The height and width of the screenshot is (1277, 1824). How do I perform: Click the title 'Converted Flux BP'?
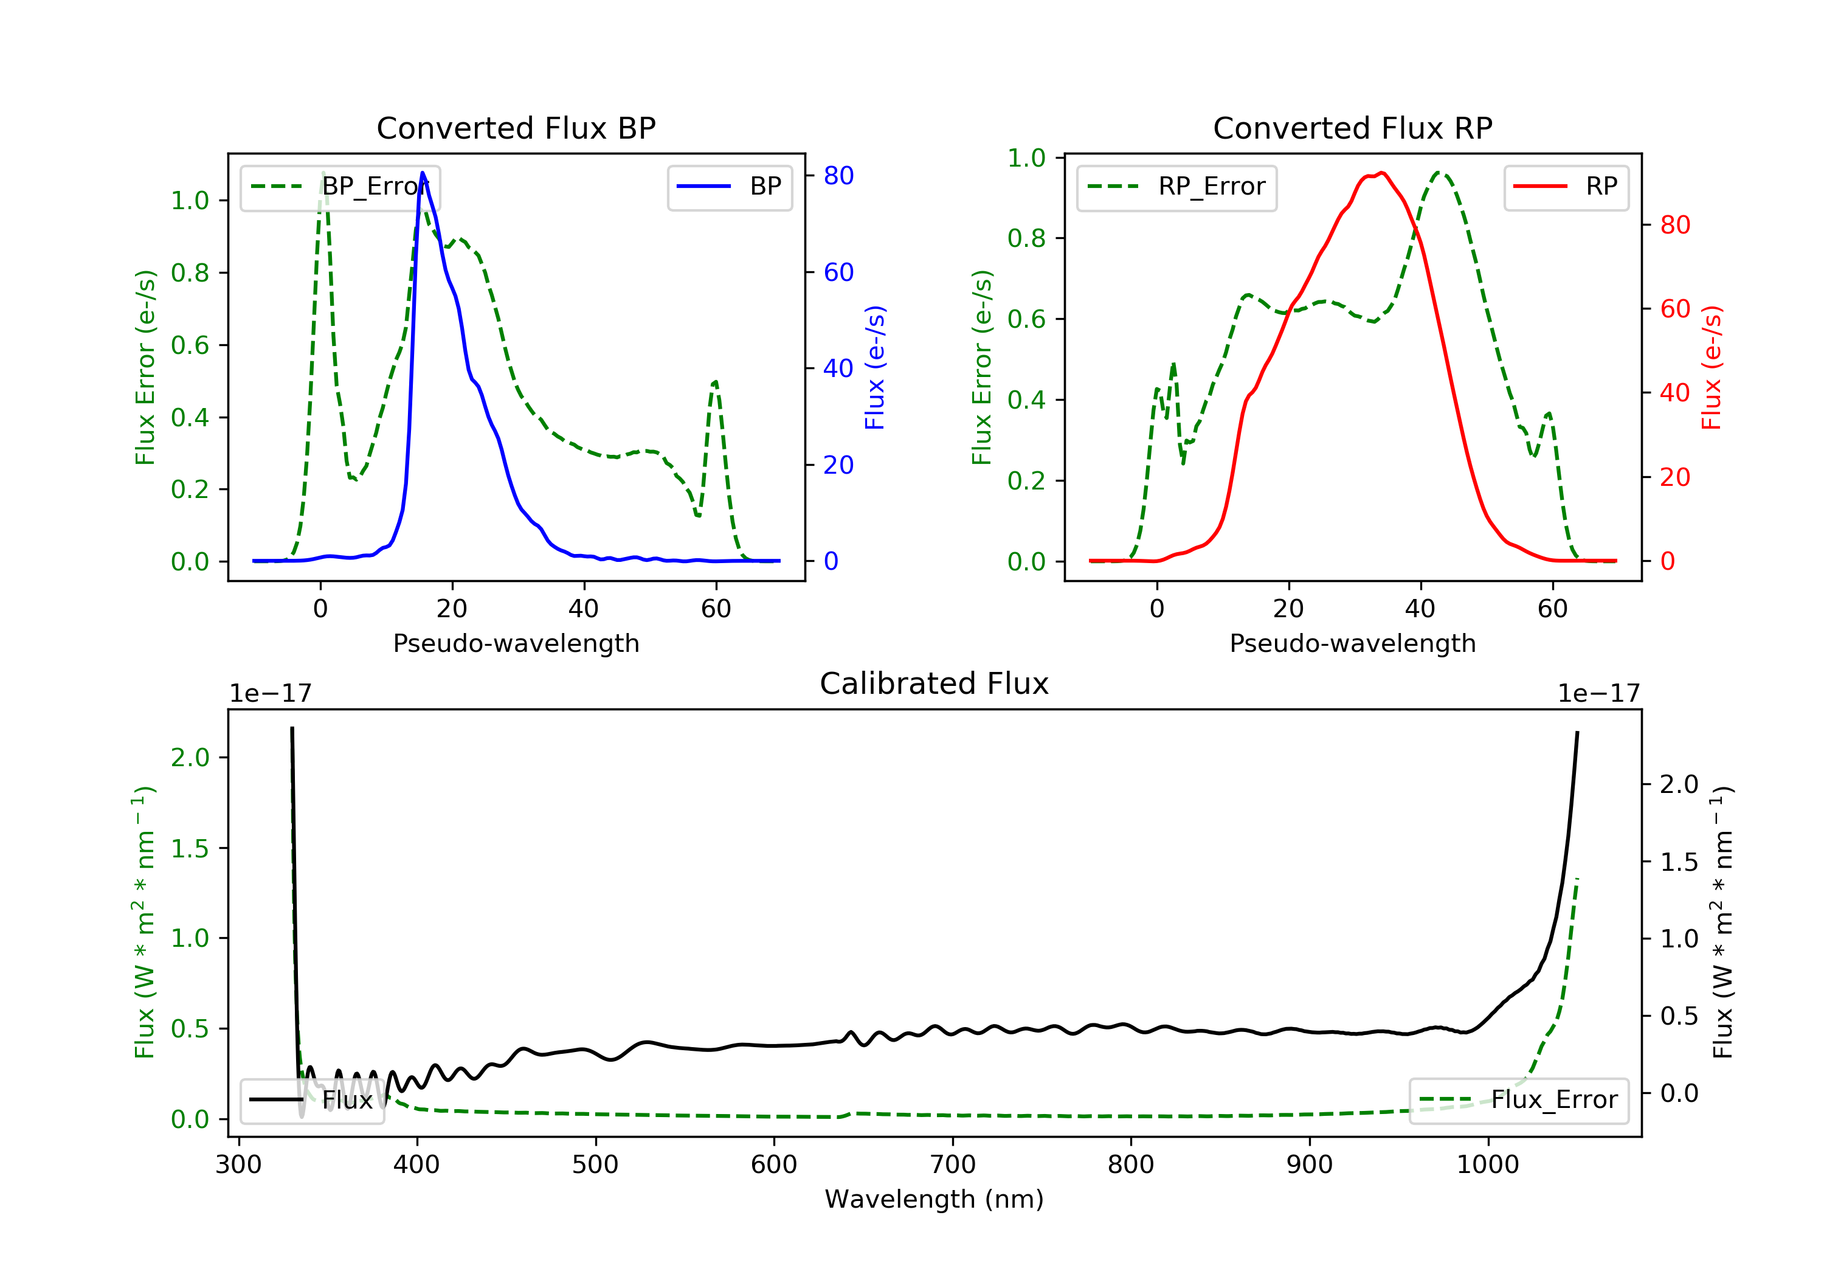516,128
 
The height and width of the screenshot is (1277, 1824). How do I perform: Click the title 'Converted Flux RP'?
1353,128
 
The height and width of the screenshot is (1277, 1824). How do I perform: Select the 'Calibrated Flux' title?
934,683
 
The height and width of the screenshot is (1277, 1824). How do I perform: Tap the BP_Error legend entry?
340,187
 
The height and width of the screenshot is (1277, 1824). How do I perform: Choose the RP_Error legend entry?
1176,187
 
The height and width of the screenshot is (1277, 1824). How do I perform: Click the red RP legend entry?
1566,187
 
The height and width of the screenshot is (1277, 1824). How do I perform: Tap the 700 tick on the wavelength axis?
953,1165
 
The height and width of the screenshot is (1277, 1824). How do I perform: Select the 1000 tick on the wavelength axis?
1488,1165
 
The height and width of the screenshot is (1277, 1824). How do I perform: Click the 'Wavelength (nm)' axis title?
934,1199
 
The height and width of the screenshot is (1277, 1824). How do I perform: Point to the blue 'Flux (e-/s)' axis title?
875,368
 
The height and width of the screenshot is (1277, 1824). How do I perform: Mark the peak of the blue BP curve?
423,173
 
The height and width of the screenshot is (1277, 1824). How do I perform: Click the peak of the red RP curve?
1383,173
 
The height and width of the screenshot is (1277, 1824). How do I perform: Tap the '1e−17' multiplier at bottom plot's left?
270,694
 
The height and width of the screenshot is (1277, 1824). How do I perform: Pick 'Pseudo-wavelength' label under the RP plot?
1353,643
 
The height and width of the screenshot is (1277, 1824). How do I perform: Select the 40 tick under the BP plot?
584,609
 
